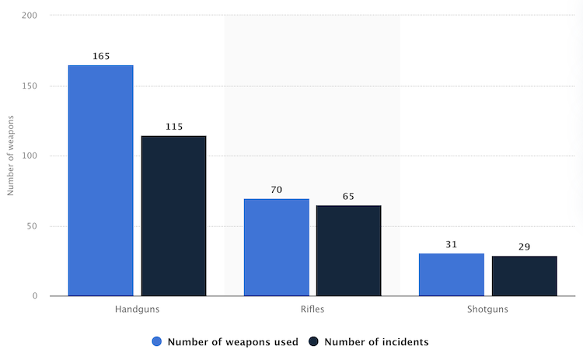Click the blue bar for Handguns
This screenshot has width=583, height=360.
point(100,180)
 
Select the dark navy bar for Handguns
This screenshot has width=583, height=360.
point(173,216)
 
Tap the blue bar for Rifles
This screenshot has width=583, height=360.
point(276,247)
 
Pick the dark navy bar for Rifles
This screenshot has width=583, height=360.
point(348,250)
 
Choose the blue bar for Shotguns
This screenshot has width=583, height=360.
point(452,274)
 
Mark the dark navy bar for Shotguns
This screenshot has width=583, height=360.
point(524,276)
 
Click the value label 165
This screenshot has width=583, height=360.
point(100,56)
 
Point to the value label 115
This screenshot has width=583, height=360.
point(173,126)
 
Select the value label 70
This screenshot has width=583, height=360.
point(276,189)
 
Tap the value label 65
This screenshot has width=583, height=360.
point(348,196)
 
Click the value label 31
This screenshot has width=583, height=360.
point(452,244)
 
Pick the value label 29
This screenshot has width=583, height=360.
point(524,246)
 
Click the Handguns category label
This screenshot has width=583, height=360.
point(137,309)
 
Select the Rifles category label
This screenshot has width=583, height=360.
point(312,309)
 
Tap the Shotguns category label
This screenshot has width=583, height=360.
point(488,309)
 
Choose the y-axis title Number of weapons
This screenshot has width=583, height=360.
point(11,156)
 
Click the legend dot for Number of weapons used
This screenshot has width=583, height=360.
point(157,341)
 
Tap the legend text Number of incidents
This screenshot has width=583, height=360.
point(376,341)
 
